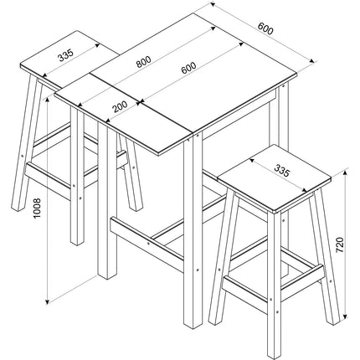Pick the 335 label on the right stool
(281, 172)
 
